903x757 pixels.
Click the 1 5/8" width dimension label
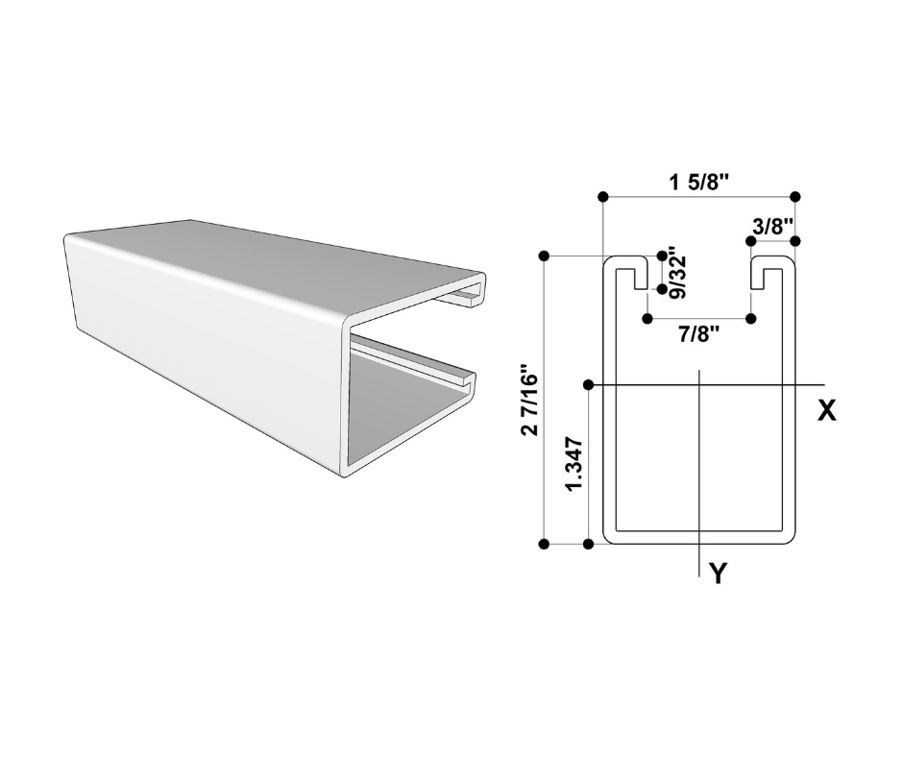pos(699,183)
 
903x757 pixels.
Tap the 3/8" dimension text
pos(773,227)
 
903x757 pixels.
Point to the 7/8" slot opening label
pos(699,334)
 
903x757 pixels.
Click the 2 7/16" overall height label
pos(529,400)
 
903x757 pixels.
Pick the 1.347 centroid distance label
pos(574,464)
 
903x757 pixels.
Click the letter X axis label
pos(827,411)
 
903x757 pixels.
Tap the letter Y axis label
pos(719,574)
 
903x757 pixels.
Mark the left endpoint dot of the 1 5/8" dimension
pos(603,197)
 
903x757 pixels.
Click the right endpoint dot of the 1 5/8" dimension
pos(795,197)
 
